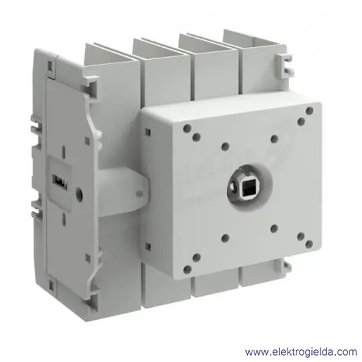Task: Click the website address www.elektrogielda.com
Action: [301, 352]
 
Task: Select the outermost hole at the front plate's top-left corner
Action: [187, 128]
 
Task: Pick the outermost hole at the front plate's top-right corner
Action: [309, 110]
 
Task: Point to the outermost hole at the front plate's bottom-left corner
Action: [187, 269]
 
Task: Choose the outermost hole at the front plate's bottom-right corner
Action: [309, 244]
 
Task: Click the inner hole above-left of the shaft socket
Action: [225, 146]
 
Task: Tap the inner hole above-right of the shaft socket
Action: [274, 138]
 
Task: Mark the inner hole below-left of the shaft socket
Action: [225, 238]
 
